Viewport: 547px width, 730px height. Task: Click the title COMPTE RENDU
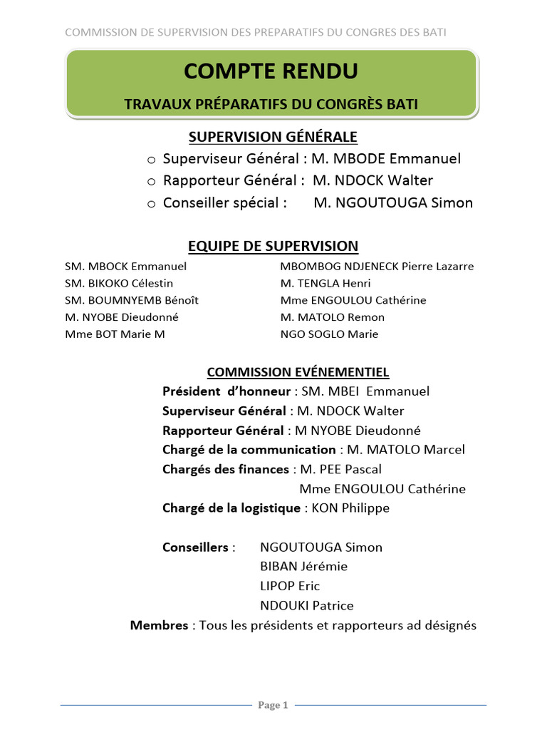tap(271, 71)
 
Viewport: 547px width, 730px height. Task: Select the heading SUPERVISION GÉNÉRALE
tap(273, 136)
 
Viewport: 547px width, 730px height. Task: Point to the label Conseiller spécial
tap(224, 203)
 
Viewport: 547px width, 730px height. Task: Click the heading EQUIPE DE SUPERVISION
tap(273, 247)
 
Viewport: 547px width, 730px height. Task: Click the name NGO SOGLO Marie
tap(330, 334)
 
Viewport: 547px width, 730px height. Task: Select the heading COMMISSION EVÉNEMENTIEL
tap(298, 372)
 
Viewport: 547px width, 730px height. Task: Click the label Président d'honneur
tap(226, 391)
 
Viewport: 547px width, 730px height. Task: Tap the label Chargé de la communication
tap(249, 450)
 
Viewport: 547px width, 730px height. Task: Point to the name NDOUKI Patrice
tap(306, 606)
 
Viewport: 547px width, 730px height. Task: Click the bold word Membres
tap(159, 626)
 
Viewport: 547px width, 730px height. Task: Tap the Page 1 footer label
tap(273, 705)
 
